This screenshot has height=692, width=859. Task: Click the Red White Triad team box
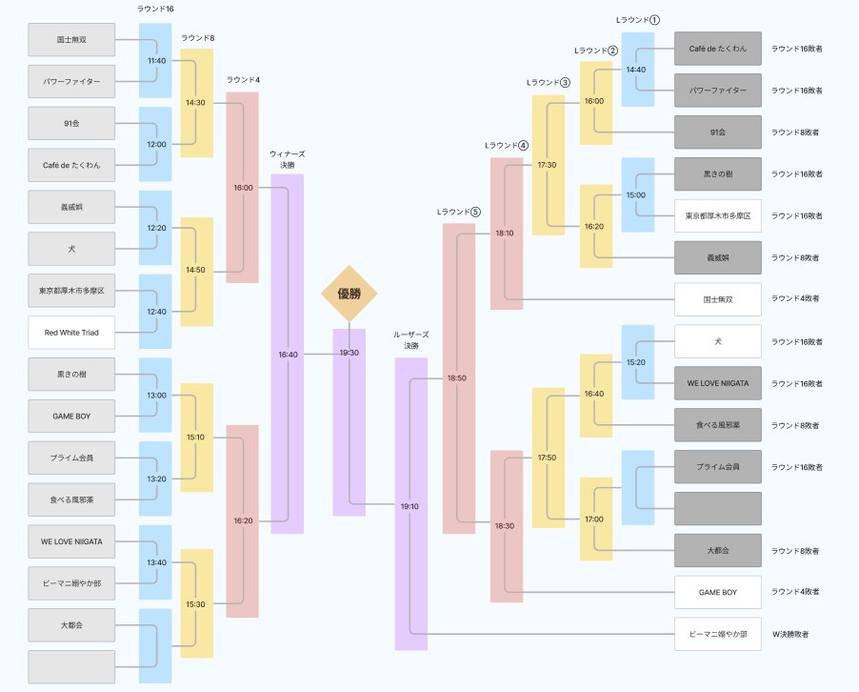click(x=71, y=333)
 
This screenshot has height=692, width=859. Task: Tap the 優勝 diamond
click(x=349, y=294)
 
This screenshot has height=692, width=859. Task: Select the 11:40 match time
click(x=156, y=61)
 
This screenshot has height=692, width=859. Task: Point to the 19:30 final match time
click(x=349, y=353)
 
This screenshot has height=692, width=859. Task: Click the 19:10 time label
click(x=410, y=506)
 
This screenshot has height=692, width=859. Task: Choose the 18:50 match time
click(x=457, y=377)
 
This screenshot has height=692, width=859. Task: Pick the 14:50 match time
click(x=195, y=270)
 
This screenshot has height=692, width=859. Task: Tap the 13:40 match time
click(x=156, y=562)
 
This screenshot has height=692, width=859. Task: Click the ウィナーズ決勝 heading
click(x=288, y=159)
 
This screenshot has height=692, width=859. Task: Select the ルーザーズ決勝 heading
click(x=411, y=340)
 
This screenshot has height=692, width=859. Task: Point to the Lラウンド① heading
click(x=638, y=20)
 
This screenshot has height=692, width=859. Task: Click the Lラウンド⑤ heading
click(x=458, y=212)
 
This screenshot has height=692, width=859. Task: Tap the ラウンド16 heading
click(x=155, y=9)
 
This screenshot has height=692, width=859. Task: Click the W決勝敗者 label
click(x=790, y=634)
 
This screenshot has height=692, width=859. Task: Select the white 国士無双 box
click(x=718, y=299)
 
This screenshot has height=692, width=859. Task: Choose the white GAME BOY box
click(x=718, y=592)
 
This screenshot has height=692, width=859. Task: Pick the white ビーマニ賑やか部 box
click(x=718, y=634)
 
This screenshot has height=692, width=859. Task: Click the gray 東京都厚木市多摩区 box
click(x=71, y=291)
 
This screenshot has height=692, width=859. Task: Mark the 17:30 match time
click(x=547, y=165)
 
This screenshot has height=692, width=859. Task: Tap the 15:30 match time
click(x=195, y=604)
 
